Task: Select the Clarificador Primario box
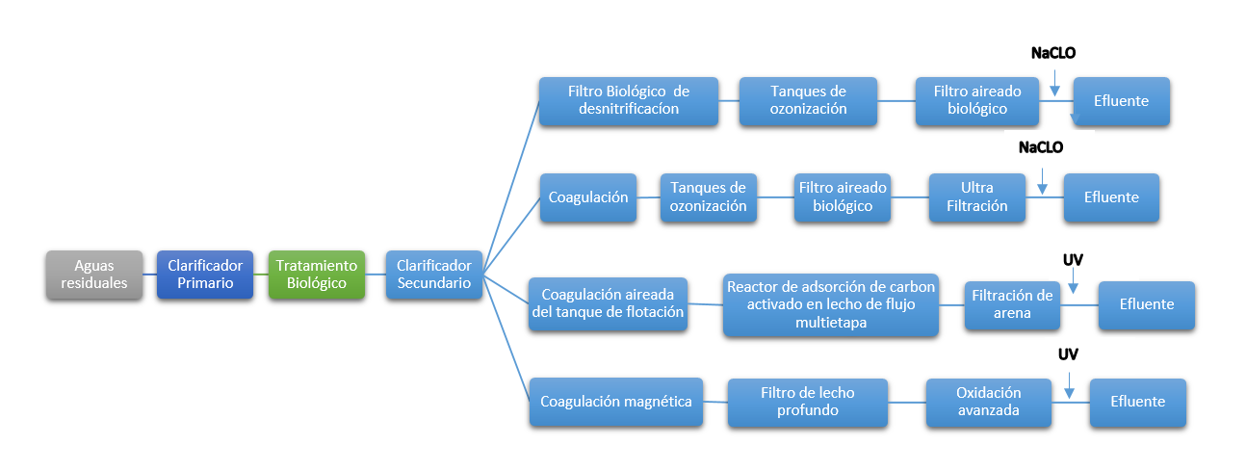205,275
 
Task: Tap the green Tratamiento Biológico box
317,275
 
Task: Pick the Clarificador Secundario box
433,275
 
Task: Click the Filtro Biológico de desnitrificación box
629,100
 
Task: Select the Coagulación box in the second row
588,197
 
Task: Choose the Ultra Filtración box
976,197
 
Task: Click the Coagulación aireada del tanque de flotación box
608,303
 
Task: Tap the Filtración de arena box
1012,304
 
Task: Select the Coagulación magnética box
615,402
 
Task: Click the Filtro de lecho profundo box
807,402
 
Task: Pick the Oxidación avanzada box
988,402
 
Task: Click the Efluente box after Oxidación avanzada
1137,402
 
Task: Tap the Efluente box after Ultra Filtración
1110,197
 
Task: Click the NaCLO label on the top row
1052,54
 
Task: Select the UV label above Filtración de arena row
1072,260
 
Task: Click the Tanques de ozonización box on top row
808,100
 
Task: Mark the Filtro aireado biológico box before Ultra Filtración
843,197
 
